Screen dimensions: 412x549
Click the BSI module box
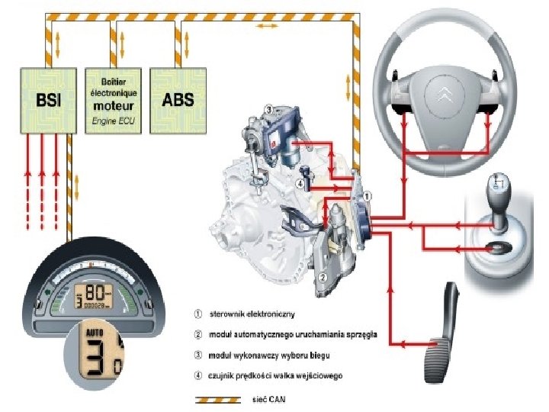click(47, 100)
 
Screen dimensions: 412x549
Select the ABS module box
click(178, 100)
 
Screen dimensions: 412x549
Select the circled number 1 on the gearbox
click(368, 196)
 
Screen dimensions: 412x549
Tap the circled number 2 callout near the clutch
click(324, 276)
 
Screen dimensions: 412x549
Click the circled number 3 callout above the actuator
click(268, 111)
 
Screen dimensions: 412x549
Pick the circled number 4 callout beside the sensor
click(301, 183)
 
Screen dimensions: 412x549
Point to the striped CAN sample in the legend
click(219, 399)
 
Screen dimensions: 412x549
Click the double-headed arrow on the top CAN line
click(266, 26)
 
